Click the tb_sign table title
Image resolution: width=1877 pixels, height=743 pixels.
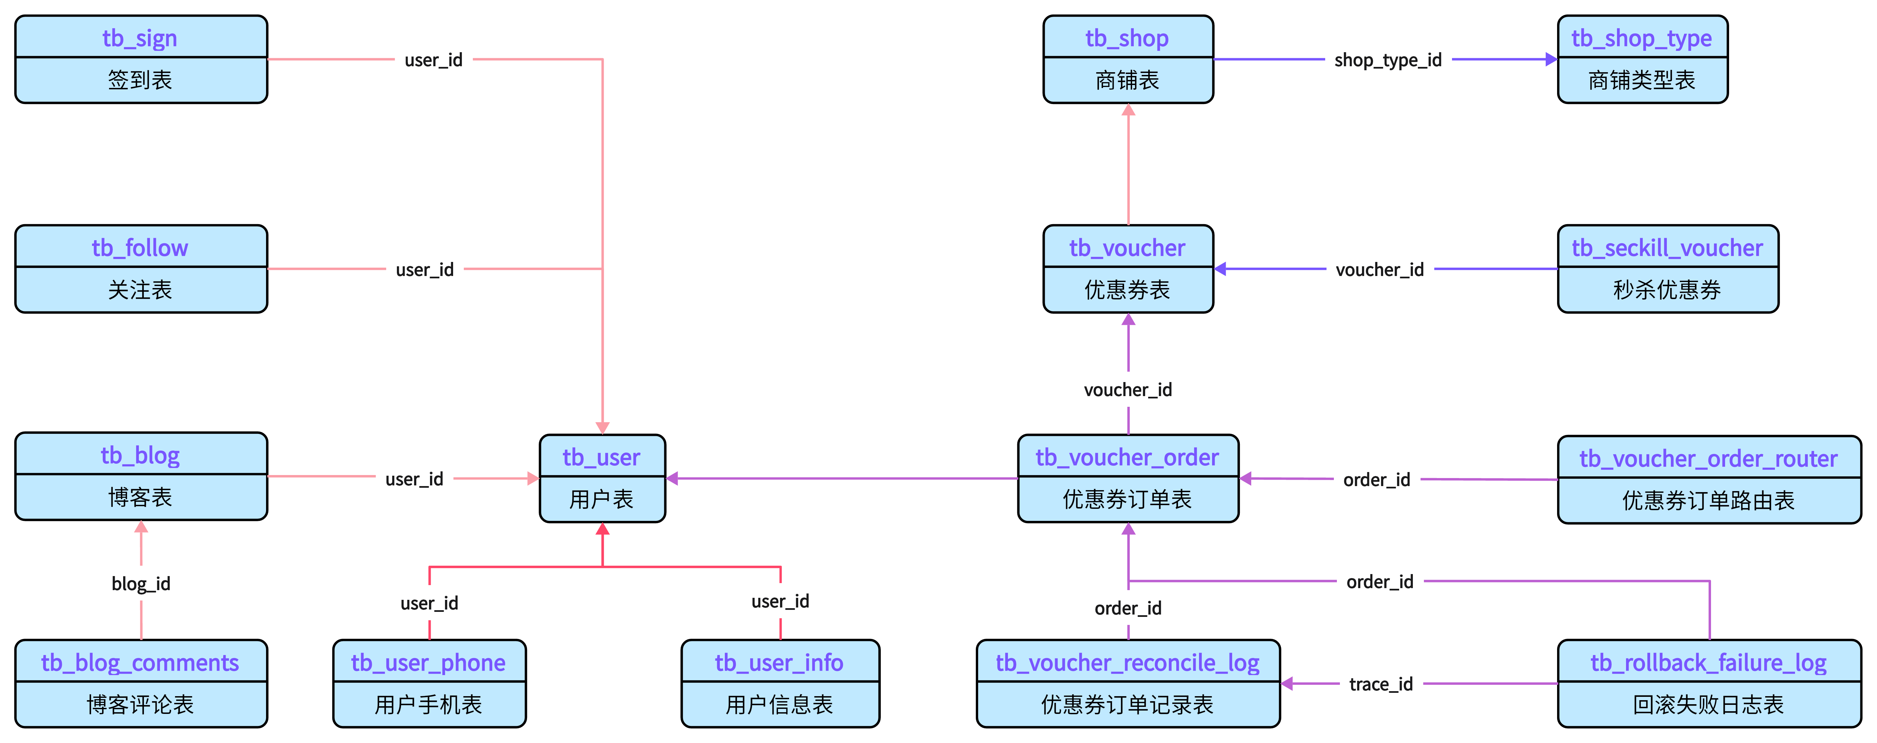tap(140, 38)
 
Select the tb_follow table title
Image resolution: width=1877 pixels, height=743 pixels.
tap(140, 248)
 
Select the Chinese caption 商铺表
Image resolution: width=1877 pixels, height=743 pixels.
tap(1127, 80)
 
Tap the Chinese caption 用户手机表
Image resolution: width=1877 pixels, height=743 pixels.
tap(428, 705)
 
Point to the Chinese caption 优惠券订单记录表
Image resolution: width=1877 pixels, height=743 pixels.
tap(1127, 705)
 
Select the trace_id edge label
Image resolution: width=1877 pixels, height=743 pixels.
tap(1381, 684)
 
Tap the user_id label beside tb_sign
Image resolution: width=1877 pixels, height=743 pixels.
tap(434, 60)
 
